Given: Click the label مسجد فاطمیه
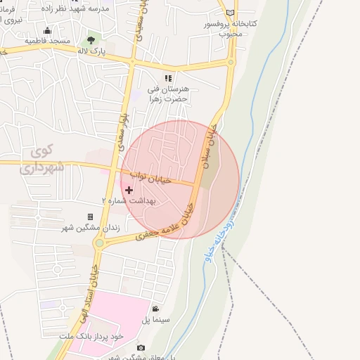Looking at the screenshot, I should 47,41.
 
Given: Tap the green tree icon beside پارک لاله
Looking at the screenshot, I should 91,40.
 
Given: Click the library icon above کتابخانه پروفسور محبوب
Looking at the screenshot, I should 231,13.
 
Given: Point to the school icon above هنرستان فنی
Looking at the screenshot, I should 168,78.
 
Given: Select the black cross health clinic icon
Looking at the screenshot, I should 129,190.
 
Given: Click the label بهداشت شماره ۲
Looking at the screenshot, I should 130,200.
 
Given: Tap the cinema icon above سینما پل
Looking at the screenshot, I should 155,308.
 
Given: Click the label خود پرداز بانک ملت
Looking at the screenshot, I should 93,337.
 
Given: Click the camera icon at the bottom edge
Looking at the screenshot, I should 141,348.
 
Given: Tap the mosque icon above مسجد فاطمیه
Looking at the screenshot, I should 47,31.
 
